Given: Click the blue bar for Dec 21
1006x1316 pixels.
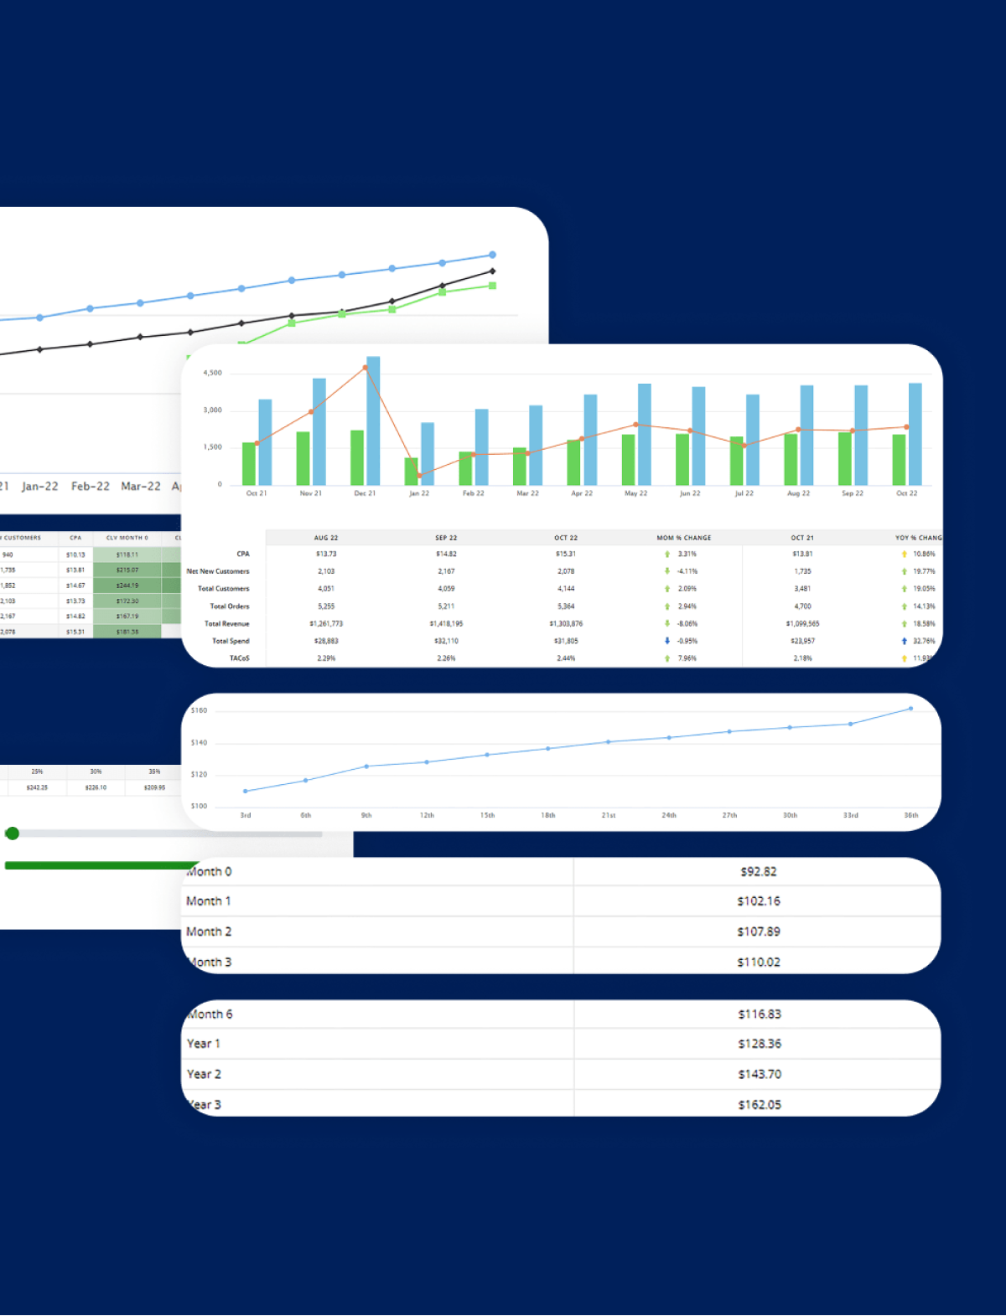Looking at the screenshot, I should click(373, 421).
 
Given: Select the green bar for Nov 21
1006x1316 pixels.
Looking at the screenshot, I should click(303, 458).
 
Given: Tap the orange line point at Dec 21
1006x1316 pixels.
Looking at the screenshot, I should click(365, 368).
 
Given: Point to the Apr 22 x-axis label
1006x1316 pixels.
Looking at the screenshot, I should click(582, 493).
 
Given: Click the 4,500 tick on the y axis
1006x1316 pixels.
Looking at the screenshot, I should click(213, 373).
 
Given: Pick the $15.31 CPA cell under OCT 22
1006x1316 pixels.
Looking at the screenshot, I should click(566, 554).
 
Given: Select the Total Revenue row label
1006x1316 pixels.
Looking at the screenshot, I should click(226, 623).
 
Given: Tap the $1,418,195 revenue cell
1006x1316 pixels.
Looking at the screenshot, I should click(446, 623).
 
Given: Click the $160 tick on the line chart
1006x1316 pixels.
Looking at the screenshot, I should click(199, 710).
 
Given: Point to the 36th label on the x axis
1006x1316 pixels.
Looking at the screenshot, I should click(910, 815).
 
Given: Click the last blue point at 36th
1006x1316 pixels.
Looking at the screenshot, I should click(911, 709).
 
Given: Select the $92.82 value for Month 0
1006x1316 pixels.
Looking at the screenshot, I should click(758, 871).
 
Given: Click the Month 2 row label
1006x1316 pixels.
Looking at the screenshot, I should click(209, 932).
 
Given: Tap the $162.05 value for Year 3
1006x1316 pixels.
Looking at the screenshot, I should click(759, 1104).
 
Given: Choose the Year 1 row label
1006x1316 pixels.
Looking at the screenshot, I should click(203, 1044).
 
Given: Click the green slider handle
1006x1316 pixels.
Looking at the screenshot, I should click(12, 833).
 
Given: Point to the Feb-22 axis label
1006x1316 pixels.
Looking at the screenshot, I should click(91, 486).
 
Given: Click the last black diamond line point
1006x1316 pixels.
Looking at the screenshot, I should click(492, 271).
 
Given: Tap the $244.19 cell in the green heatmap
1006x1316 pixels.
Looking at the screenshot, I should click(127, 585).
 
